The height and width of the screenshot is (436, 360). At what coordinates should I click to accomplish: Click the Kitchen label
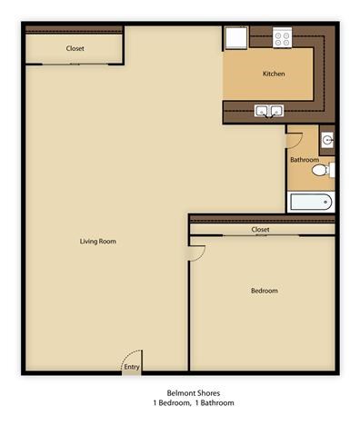coord(275,74)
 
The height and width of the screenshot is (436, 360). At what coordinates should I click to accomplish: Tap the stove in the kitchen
coord(282,39)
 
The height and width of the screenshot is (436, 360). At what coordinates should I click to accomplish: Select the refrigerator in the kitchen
coord(235,38)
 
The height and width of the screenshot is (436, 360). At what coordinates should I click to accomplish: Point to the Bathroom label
coord(304,160)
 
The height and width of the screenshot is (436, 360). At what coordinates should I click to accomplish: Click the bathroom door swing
coord(293,138)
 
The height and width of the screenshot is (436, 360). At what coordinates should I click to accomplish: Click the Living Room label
coord(98,241)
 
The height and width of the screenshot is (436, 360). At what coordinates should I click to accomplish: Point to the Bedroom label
coord(264,291)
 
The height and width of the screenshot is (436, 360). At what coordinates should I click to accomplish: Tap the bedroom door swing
coord(197,253)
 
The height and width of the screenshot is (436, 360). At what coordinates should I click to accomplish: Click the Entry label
coord(133,367)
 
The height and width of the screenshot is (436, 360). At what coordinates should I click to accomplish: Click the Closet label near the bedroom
coord(260,230)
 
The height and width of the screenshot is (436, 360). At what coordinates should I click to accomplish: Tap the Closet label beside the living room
coord(75,48)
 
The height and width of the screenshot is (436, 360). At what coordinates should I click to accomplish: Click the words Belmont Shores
coord(180,393)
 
